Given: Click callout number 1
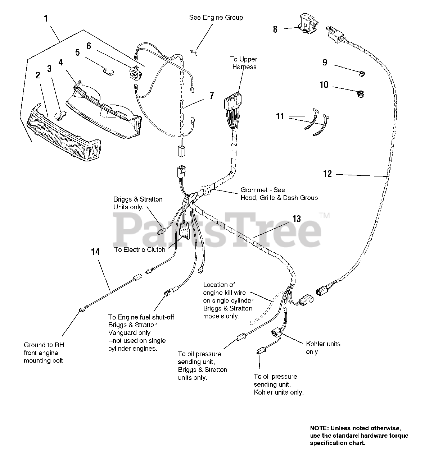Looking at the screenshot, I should (46, 18).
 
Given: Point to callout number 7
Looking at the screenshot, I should (212, 96).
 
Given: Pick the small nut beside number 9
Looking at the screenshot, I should (361, 74).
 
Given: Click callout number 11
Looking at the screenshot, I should (280, 116).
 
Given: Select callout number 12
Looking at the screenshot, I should (327, 174).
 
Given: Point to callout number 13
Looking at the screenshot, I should (296, 218).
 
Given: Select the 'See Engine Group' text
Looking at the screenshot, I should (216, 17).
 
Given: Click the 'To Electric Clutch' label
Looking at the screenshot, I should (140, 249).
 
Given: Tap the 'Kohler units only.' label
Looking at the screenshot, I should (323, 348).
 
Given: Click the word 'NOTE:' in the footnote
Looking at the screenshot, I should (319, 428).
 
